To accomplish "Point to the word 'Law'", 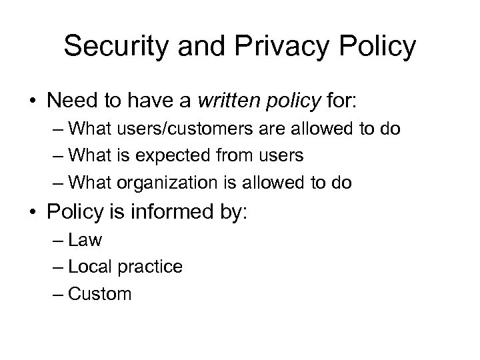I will click(x=85, y=239).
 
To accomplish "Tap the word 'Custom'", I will click(x=101, y=294).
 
